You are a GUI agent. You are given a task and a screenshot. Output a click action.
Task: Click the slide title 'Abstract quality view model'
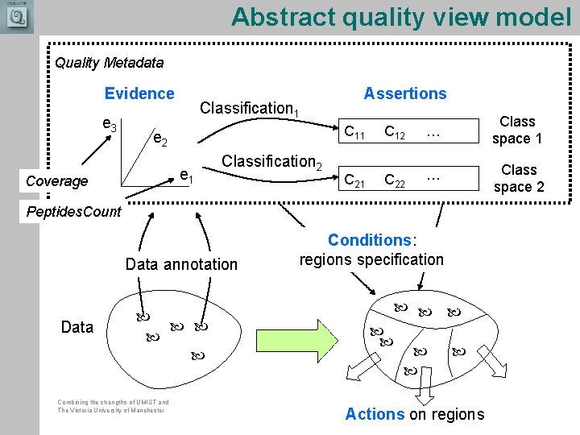[400, 17]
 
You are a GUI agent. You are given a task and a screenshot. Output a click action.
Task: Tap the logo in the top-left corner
[17, 17]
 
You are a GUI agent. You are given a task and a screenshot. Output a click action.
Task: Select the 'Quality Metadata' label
[109, 62]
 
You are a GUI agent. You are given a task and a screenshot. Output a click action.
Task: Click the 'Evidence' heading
[139, 93]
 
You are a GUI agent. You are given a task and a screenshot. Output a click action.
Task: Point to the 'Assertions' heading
[405, 93]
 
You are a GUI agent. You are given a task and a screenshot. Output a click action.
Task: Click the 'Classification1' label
[250, 108]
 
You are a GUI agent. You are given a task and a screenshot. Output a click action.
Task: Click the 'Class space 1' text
[517, 130]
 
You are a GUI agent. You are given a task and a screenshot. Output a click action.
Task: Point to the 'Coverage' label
[56, 181]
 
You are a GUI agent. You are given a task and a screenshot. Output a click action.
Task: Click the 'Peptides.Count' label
[74, 212]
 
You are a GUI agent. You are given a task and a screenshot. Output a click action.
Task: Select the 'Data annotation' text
[181, 264]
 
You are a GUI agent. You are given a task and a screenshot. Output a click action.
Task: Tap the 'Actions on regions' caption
[415, 414]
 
